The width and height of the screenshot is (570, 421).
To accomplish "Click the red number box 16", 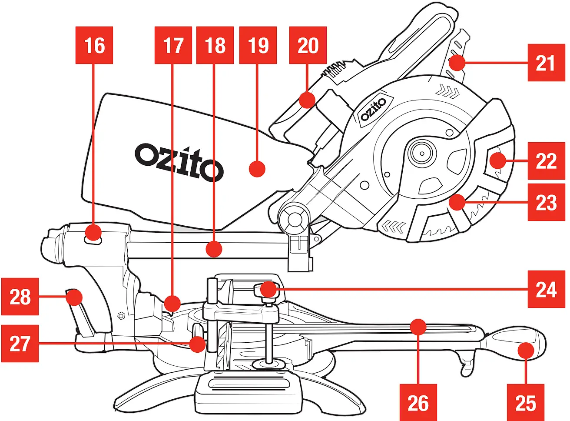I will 94,45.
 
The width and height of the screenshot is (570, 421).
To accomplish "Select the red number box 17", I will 173,45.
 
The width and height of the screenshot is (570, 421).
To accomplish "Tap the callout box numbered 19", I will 258,45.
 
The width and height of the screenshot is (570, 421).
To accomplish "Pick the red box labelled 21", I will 546,63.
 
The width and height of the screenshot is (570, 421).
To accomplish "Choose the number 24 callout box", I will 546,289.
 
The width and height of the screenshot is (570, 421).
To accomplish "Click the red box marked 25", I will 525,403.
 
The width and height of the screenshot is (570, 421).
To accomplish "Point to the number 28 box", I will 20,297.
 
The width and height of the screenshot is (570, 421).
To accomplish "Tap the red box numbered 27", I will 20,344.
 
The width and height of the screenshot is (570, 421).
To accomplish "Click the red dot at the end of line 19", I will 257,168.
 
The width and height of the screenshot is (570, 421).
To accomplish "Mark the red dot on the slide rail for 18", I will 213,249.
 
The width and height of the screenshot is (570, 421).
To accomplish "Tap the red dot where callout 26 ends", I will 418,327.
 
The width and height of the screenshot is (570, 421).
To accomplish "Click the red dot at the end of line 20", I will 307,100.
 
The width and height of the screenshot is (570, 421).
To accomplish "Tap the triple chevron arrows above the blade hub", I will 447,91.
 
